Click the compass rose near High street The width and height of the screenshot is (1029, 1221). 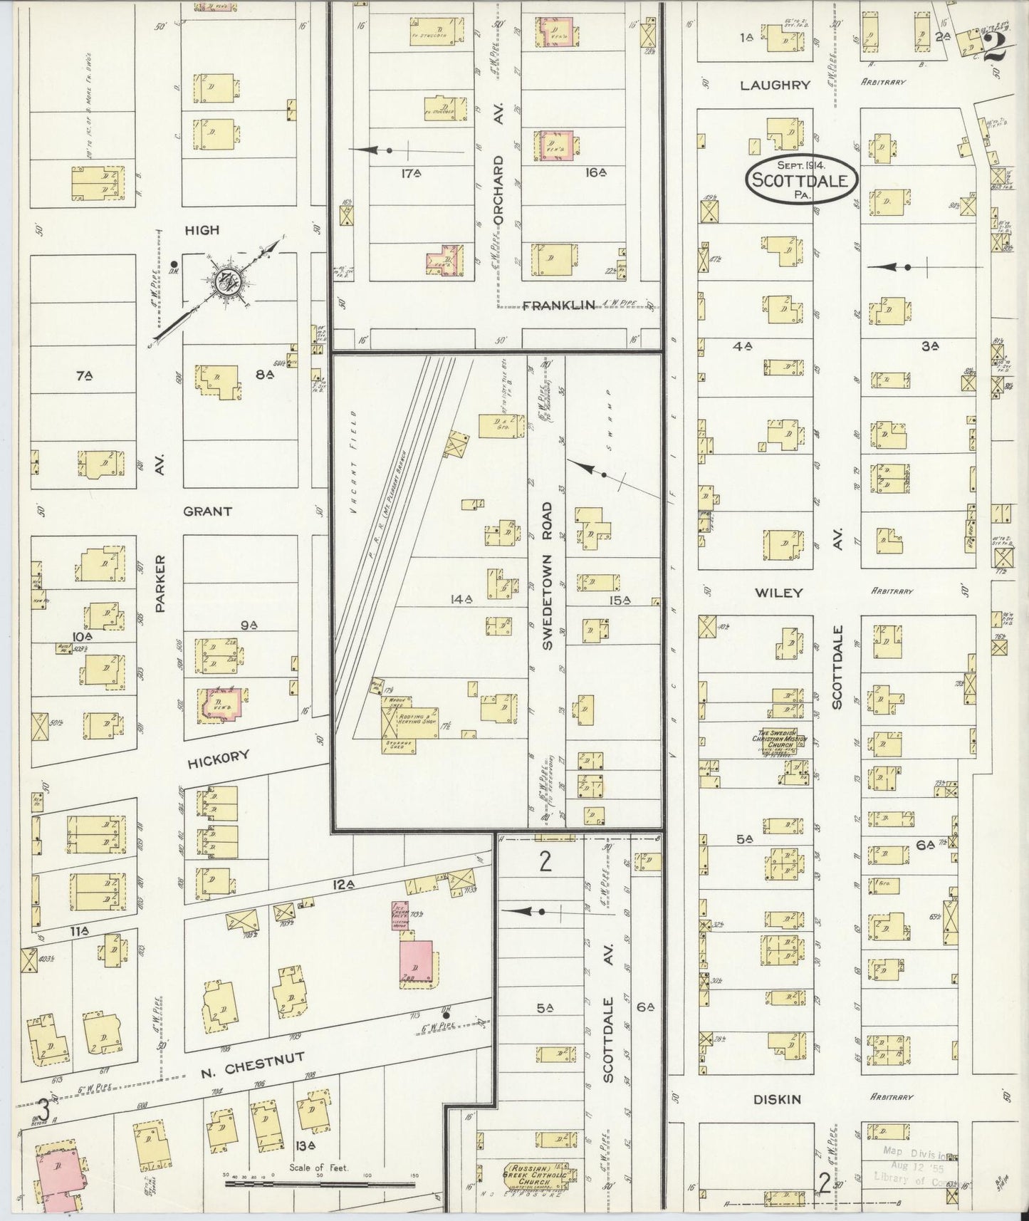pyautogui.click(x=231, y=280)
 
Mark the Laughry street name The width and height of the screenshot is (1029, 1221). pyautogui.click(x=775, y=85)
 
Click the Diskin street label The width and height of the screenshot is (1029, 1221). pyautogui.click(x=777, y=1099)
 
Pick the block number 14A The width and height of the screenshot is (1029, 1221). pyautogui.click(x=461, y=600)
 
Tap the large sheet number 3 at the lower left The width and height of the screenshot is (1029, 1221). pyautogui.click(x=44, y=1109)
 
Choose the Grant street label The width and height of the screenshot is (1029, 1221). pyautogui.click(x=207, y=511)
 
